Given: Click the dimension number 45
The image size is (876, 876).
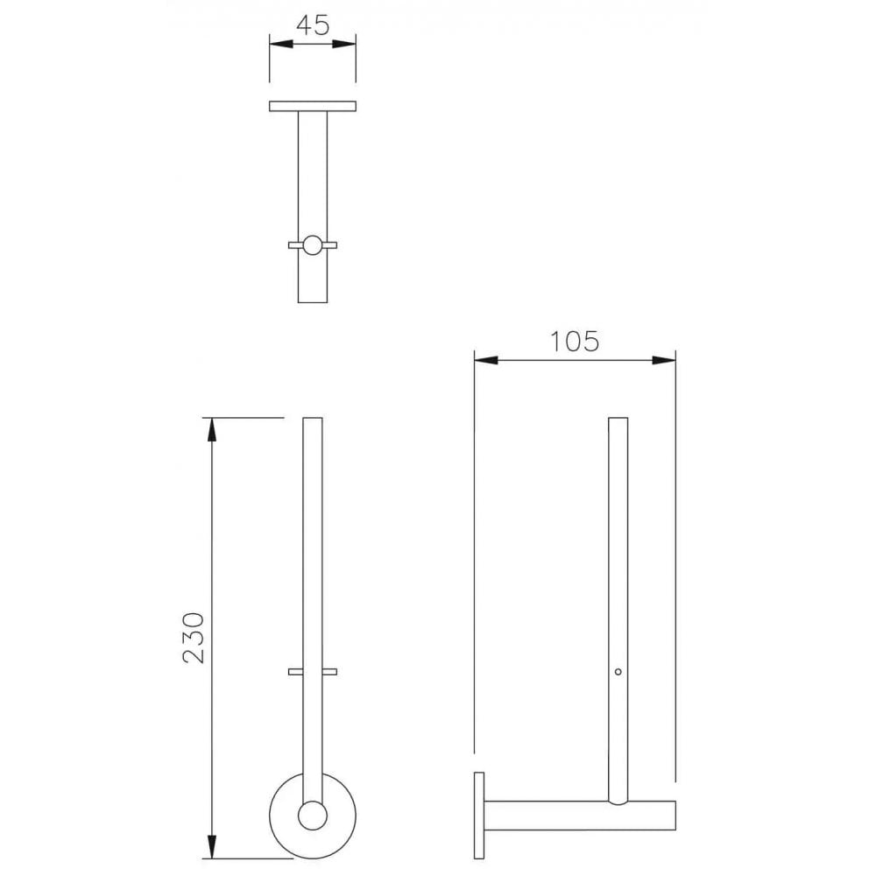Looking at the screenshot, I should tap(312, 25).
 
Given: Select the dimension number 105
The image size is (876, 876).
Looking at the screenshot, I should tap(575, 341).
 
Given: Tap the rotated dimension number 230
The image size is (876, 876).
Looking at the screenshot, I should tap(194, 637).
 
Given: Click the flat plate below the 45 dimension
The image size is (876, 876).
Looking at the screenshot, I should tap(313, 106).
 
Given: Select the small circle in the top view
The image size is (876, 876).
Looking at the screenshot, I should tap(313, 245).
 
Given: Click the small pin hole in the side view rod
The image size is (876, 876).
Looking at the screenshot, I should tap(618, 672).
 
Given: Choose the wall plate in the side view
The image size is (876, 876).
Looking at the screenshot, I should tap(478, 816).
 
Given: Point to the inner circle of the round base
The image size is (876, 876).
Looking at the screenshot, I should tap(312, 816).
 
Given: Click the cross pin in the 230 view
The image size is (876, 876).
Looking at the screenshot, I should tap(313, 672).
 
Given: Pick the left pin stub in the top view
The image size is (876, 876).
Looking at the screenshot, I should tap(294, 245).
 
